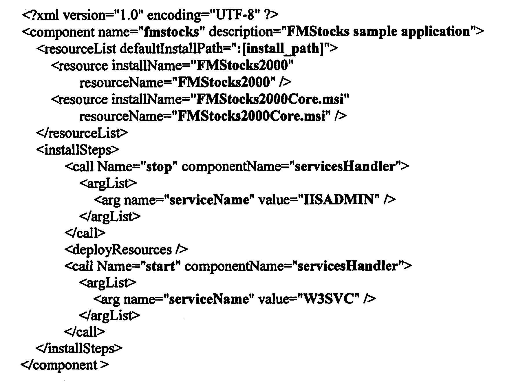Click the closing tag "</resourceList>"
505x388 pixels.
[x=82, y=133]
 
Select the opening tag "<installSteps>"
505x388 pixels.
[x=78, y=150]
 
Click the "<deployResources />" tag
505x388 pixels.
[x=126, y=250]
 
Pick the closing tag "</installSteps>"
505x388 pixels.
[x=79, y=348]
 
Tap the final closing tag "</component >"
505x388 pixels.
[x=65, y=365]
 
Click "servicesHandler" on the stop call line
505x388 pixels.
[x=345, y=166]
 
